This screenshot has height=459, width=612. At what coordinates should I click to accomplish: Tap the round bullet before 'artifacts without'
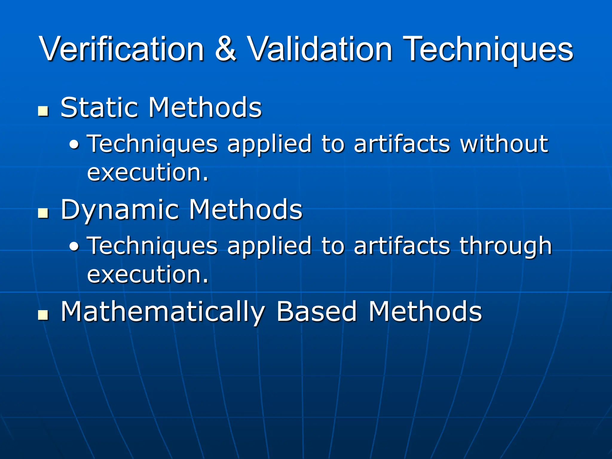74,146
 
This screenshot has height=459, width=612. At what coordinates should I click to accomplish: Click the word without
504,144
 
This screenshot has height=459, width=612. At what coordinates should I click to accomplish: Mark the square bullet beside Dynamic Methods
43,213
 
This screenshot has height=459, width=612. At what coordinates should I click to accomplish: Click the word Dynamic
120,210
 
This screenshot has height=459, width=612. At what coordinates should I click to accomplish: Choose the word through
506,246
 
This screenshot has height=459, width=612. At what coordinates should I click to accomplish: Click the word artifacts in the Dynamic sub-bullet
402,246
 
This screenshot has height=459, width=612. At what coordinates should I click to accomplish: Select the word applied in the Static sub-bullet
270,144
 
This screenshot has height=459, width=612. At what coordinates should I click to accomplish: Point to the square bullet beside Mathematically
43,315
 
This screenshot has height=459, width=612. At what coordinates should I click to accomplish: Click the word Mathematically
163,312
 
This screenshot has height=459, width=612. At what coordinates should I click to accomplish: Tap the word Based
317,312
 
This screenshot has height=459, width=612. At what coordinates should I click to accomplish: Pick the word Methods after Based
425,312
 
